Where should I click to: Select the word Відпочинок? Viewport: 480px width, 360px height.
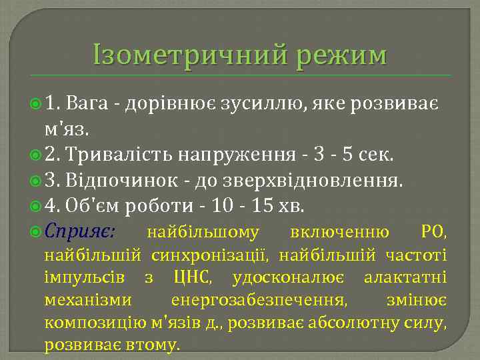pos(124,181)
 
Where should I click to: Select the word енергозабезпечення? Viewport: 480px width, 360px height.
pos(259,301)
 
